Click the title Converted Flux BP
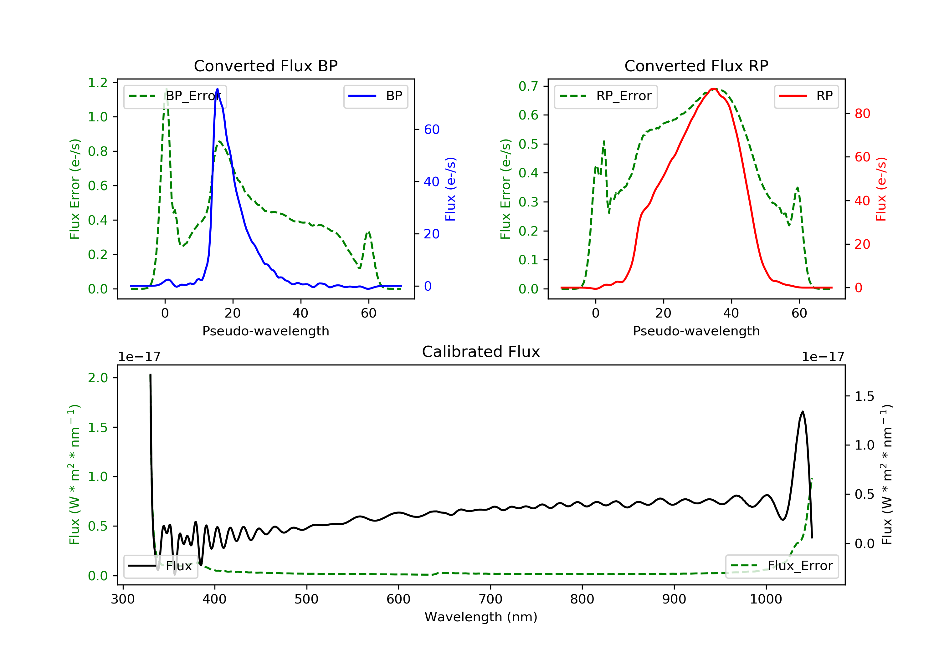[265, 66]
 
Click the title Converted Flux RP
[696, 66]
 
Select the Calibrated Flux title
[481, 352]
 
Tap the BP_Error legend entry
[175, 96]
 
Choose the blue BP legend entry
[375, 96]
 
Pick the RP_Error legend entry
[606, 96]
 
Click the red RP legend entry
[806, 96]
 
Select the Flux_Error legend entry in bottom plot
[782, 566]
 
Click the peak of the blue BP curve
[217, 89]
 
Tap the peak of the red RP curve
[713, 89]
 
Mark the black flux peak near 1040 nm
[803, 412]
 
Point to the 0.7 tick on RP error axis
[528, 86]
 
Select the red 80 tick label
[863, 114]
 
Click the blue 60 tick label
[432, 130]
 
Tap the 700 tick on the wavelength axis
[490, 599]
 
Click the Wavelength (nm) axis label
[481, 617]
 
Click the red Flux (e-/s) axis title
[881, 189]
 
